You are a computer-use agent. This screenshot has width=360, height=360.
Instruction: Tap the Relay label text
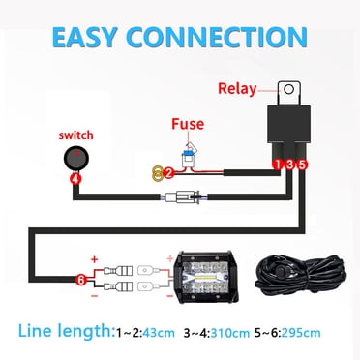(x=237, y=89)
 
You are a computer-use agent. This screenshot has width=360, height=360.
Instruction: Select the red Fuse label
(x=187, y=125)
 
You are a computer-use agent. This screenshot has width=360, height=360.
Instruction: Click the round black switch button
(x=75, y=159)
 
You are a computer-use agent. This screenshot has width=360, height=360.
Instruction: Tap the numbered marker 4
(x=75, y=179)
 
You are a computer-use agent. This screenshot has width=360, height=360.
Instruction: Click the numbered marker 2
(x=167, y=173)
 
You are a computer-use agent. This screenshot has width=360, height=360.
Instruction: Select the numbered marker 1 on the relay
(x=276, y=165)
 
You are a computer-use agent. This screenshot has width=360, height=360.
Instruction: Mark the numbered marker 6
(x=82, y=281)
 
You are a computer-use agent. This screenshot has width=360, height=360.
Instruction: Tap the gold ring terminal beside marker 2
(x=155, y=174)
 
